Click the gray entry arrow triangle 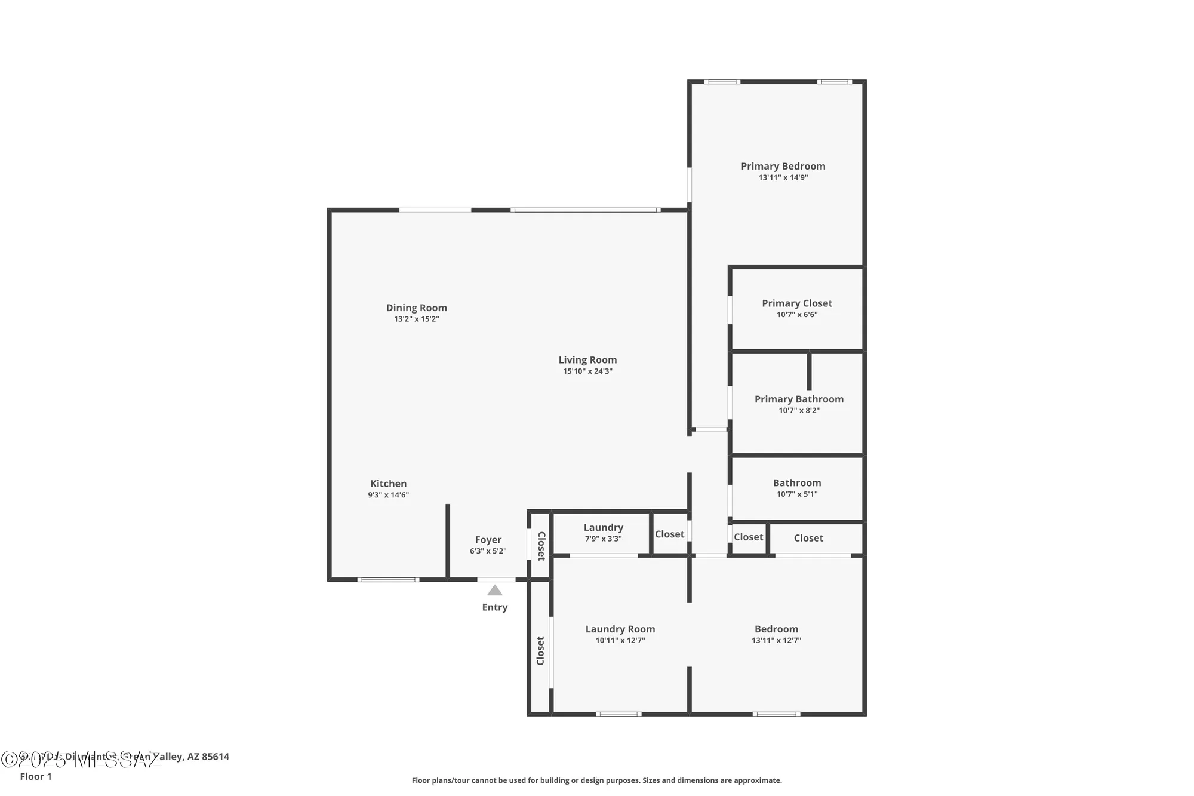click(x=494, y=591)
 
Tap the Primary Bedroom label click(x=783, y=166)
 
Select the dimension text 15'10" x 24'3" click(x=587, y=371)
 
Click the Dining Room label click(x=416, y=308)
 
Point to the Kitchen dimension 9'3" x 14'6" click(x=388, y=495)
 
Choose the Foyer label click(x=488, y=540)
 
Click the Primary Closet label click(x=796, y=303)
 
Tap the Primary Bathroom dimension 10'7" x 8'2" click(x=799, y=411)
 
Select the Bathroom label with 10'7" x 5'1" click(x=796, y=483)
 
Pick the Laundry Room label click(x=620, y=629)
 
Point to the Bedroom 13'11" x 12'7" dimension click(x=776, y=640)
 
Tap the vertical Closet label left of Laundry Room click(x=540, y=650)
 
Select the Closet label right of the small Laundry click(x=669, y=534)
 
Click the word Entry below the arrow click(x=494, y=607)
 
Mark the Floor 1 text click(x=36, y=776)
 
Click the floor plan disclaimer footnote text click(x=596, y=780)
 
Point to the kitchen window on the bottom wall click(x=388, y=580)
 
